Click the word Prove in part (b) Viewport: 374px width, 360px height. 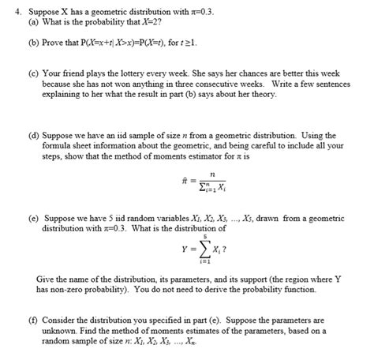[x=54, y=45]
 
